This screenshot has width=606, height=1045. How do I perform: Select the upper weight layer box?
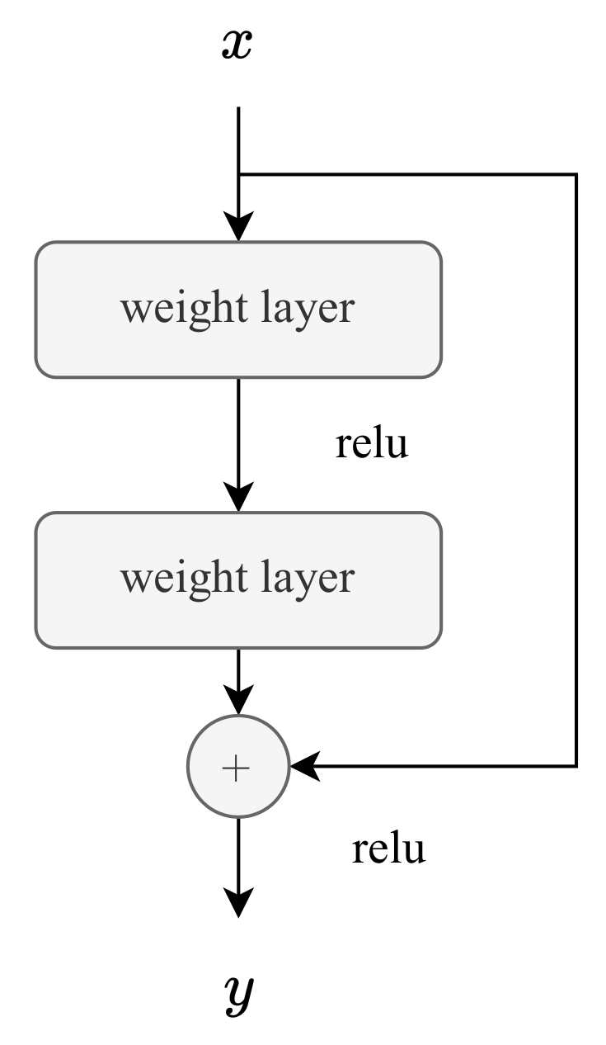[237, 310]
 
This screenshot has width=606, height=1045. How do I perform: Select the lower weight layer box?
[237, 580]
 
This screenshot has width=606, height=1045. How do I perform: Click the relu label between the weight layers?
[371, 445]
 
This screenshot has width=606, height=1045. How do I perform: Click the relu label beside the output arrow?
[388, 849]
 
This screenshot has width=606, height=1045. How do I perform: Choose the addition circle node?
[237, 768]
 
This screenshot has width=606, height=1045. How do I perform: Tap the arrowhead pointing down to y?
[237, 903]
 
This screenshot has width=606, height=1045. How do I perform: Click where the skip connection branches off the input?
[237, 174]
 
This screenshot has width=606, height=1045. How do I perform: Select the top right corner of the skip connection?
[575, 175]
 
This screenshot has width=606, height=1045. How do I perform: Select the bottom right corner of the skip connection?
[575, 766]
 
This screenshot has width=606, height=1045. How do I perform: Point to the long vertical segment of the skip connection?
[575, 470]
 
